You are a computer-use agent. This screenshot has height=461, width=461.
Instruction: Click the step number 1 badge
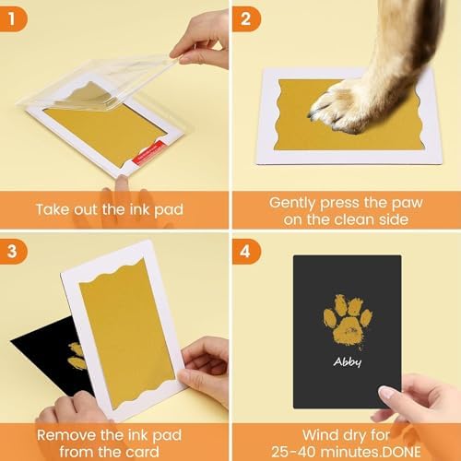[x=15, y=15]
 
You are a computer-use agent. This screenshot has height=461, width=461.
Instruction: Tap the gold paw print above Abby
[x=348, y=318]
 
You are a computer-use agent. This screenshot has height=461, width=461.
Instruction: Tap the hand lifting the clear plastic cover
[x=200, y=37]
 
